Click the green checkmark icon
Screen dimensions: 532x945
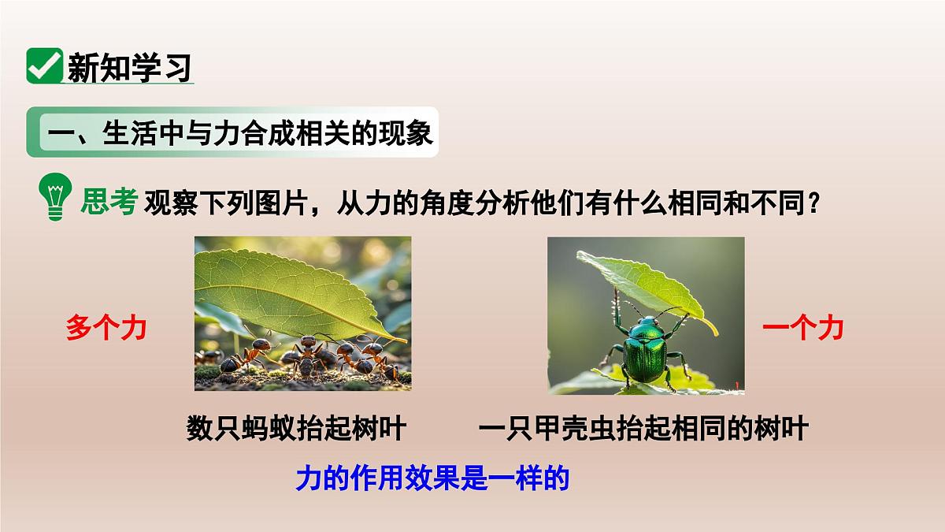click(x=44, y=66)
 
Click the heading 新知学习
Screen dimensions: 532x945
click(x=129, y=68)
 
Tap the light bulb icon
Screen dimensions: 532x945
click(x=54, y=198)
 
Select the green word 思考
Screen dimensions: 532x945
click(x=109, y=203)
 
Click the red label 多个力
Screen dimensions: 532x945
click(x=106, y=327)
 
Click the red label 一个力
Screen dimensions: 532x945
click(x=802, y=327)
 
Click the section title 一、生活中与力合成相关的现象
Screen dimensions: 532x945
click(x=240, y=132)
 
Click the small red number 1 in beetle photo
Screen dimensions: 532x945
click(x=736, y=384)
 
